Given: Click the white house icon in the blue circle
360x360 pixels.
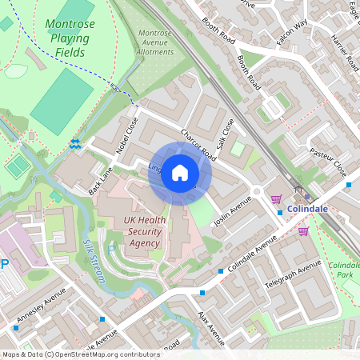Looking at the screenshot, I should tap(180, 173).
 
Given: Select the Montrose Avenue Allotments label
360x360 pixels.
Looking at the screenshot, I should tap(155, 42).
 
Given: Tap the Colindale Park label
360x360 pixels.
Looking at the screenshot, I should tap(343, 270).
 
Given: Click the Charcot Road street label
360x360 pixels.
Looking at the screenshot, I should tap(198, 144).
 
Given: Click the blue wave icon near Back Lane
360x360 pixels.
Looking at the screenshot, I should tap(74, 144).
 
